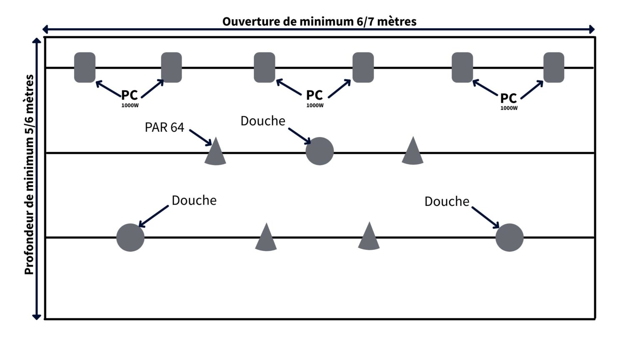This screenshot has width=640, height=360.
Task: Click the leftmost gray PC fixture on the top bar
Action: (x=85, y=67)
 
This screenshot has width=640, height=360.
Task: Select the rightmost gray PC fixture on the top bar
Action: (x=554, y=67)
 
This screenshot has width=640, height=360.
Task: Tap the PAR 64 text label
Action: (x=165, y=127)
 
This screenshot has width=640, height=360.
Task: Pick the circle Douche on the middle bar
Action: (x=320, y=151)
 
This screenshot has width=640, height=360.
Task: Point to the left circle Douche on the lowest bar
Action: (x=130, y=237)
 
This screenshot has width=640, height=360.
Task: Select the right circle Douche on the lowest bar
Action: (x=510, y=237)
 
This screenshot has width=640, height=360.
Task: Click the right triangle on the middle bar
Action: (x=412, y=151)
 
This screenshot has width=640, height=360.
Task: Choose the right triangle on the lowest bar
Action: (x=369, y=237)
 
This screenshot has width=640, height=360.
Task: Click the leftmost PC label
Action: (x=130, y=95)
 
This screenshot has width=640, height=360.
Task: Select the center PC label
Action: (x=314, y=95)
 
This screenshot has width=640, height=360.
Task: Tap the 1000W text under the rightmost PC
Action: (x=509, y=108)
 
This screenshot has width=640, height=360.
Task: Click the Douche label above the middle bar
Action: (x=263, y=121)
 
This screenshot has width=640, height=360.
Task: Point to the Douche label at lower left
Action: (x=194, y=200)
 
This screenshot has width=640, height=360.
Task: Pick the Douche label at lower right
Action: (x=447, y=202)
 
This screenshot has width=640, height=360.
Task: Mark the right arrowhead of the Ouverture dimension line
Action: (x=592, y=29)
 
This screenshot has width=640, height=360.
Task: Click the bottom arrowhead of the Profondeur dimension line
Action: (x=37, y=317)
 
